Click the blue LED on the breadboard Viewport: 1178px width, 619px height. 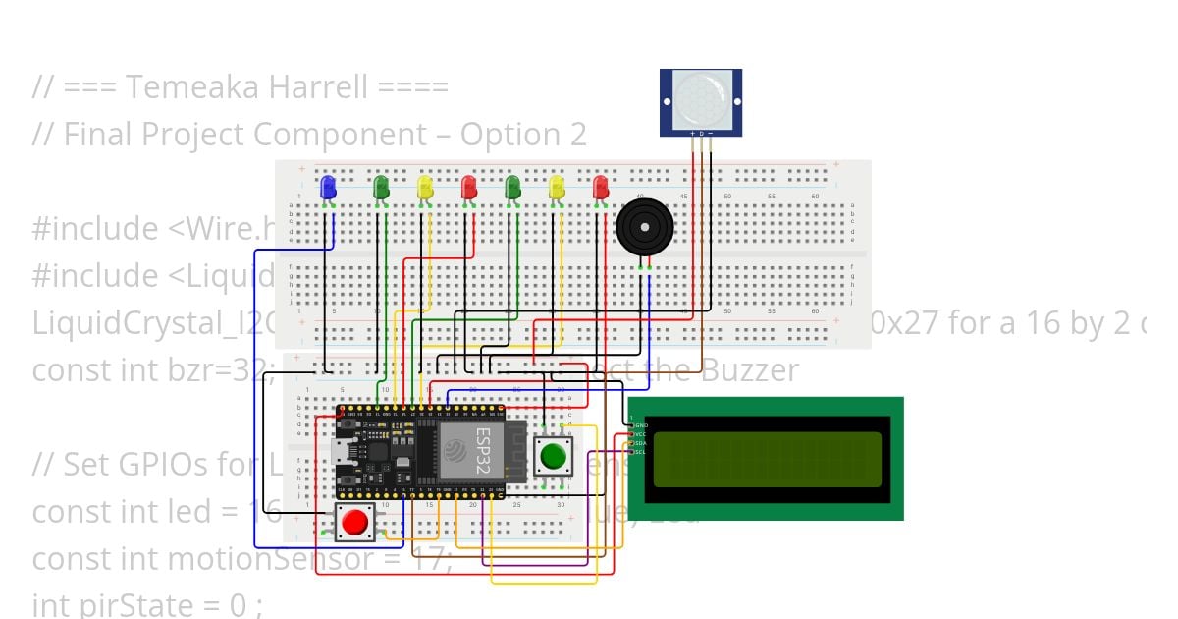328,185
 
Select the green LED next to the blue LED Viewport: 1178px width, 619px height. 382,185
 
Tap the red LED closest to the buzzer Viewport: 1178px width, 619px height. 601,185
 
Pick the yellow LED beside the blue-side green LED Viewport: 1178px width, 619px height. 425,186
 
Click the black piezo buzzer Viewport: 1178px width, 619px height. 645,227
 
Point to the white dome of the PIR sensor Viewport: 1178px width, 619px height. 701,95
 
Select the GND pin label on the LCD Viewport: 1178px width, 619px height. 641,425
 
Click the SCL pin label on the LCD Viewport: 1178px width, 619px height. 641,452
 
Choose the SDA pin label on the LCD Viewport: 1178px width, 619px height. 641,443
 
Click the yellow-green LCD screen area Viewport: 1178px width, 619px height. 765,459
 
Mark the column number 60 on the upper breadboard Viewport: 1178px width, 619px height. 814,197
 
